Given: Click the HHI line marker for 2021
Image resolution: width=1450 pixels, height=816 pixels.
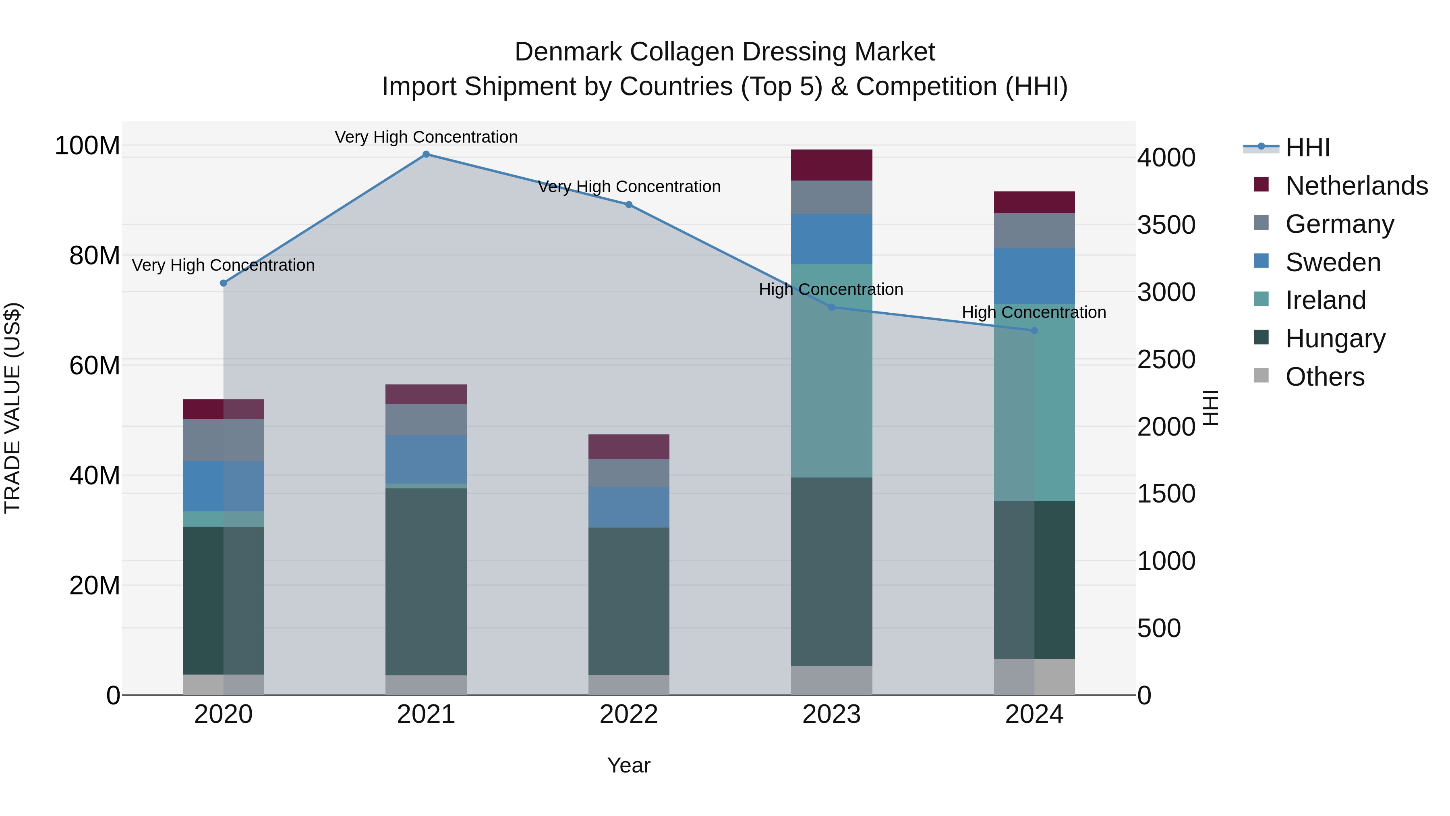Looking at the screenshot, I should [x=426, y=154].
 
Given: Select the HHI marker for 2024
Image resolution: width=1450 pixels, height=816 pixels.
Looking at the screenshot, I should [x=1034, y=330].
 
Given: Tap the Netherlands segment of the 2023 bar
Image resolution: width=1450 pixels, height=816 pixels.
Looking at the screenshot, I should [x=831, y=165].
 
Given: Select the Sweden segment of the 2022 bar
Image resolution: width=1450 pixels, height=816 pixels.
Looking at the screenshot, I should [x=629, y=507].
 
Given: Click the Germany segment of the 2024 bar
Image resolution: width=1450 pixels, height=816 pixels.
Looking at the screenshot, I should [x=1034, y=230].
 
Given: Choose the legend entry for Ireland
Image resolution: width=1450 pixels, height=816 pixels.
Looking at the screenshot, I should [x=1325, y=300].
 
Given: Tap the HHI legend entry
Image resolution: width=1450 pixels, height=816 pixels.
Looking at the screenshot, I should [x=1307, y=147].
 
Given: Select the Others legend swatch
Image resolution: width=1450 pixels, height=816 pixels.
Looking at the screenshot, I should [x=1261, y=376].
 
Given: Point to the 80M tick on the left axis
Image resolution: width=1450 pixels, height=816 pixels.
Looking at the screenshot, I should [x=94, y=255].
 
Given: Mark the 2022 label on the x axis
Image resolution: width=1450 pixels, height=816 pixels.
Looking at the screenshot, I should [x=629, y=714].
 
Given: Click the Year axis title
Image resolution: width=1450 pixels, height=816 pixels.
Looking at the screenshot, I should [x=629, y=765].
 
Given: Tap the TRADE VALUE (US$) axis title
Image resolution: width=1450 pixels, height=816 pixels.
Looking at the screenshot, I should [x=12, y=408].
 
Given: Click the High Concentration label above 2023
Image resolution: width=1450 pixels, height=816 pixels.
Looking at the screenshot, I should [x=831, y=289].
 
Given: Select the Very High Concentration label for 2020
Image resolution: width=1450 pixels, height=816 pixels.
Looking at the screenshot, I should [x=224, y=265].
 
